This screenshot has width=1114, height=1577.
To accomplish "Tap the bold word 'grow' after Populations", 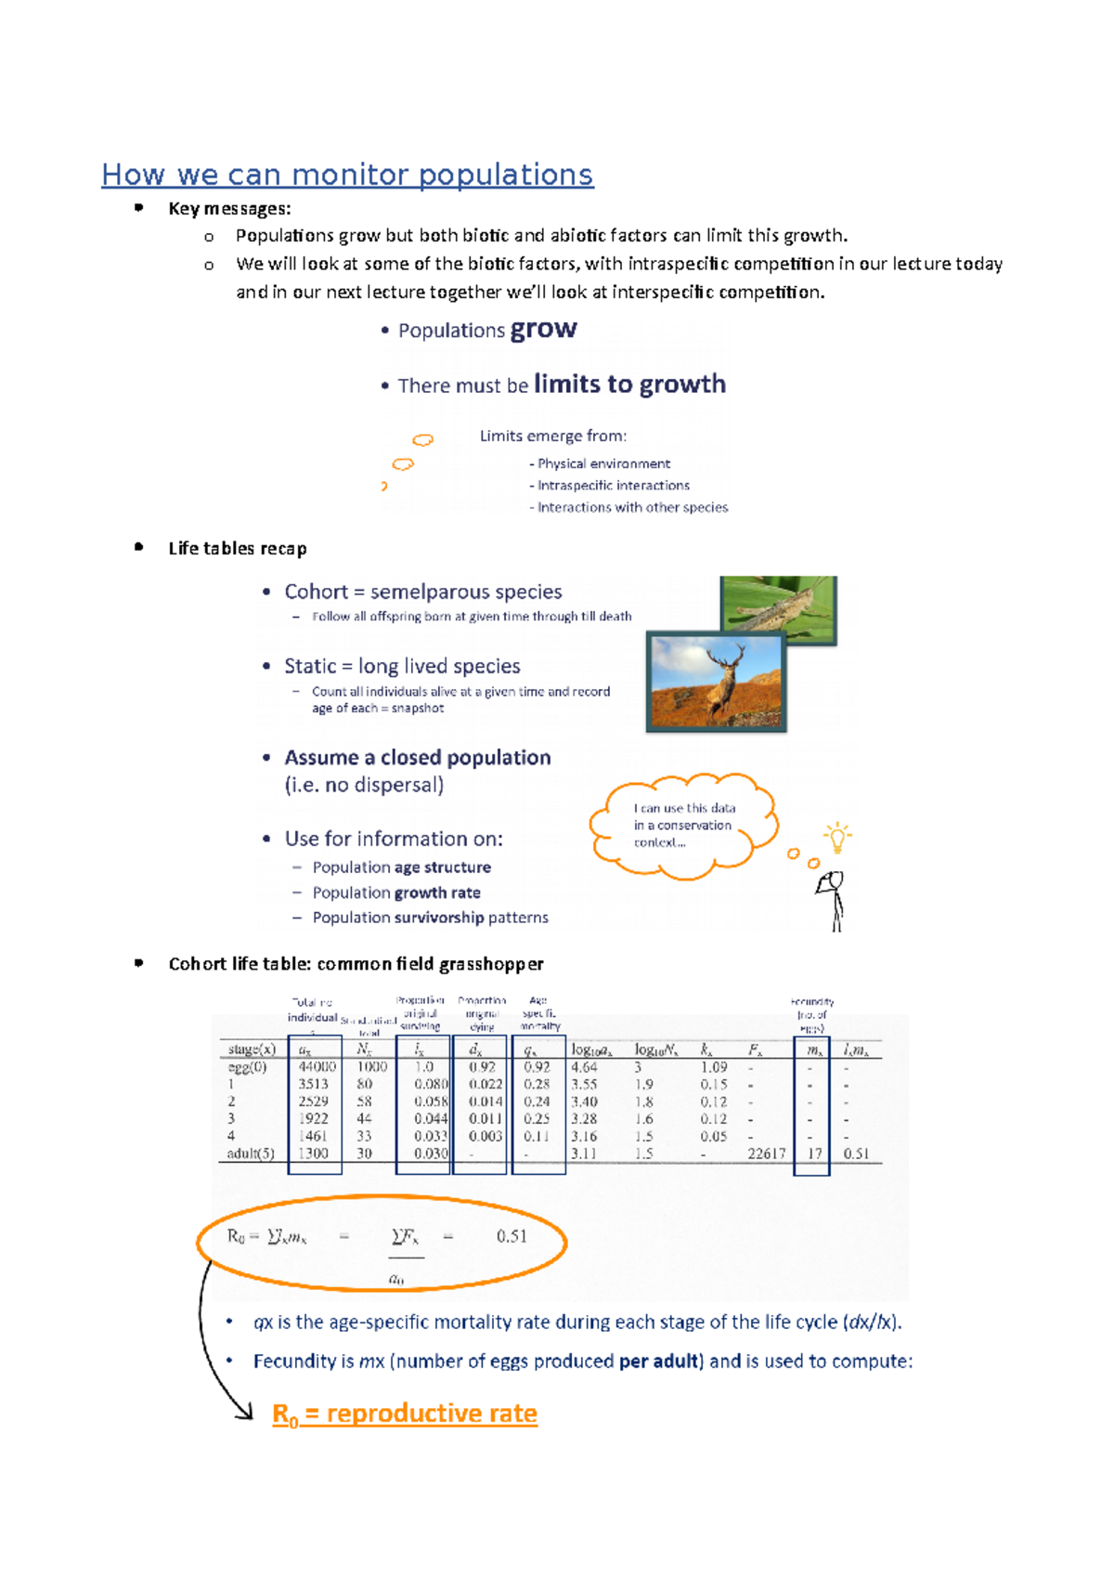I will point(543,330).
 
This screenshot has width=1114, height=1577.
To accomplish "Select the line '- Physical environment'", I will point(600,463).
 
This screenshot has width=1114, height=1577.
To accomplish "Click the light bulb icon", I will point(837,837).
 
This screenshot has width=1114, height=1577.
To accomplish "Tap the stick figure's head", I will point(834,880).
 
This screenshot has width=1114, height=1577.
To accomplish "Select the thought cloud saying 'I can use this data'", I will point(683,826).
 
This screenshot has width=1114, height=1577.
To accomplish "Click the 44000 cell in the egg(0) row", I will point(317,1067).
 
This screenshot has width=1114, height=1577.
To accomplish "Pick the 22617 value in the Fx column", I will point(766,1153).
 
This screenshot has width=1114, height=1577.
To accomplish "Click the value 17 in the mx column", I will point(814,1153).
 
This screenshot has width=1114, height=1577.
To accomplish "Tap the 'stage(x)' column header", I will point(252,1049).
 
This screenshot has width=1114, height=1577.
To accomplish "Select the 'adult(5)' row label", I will point(251,1153).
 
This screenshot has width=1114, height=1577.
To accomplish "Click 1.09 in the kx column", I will point(713,1067).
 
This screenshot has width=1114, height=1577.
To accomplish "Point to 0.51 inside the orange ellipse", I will point(512,1236).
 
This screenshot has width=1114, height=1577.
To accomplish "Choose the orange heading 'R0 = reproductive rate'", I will point(405,1414).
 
